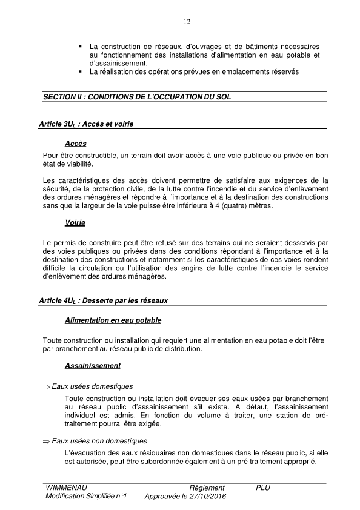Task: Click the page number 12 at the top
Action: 187,22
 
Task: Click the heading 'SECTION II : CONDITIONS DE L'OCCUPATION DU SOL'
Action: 137,97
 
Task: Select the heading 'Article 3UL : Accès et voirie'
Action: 85,124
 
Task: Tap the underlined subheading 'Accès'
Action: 76,144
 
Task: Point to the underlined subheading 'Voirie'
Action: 75,223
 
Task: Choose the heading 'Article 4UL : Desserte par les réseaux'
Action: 102,300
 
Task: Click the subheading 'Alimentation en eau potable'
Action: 113,320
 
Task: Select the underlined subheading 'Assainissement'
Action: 92,366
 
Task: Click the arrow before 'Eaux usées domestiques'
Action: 46,386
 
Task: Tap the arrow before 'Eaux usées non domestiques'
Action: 46,441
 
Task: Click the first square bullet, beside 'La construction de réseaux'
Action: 80,46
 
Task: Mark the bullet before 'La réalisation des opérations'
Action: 80,72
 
